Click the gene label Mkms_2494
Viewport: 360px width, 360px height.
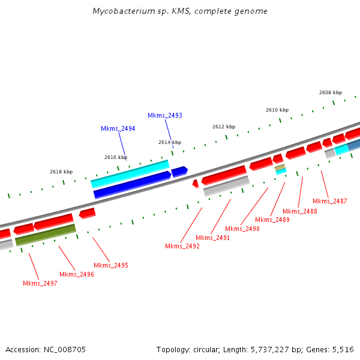[118, 128]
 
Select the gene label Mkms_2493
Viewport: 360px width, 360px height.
[165, 115]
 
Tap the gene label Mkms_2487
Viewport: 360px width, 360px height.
[329, 201]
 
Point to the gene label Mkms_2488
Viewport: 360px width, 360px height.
[299, 211]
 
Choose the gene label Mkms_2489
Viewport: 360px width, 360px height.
[272, 220]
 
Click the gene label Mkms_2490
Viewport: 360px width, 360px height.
[242, 229]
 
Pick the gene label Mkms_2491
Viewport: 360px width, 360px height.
[212, 238]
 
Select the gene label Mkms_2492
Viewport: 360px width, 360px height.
[182, 246]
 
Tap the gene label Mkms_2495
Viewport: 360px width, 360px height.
[111, 265]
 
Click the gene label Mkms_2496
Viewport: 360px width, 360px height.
[77, 274]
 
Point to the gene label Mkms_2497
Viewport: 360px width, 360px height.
[40, 283]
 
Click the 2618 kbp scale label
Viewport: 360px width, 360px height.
[61, 172]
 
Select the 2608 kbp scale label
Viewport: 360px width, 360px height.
[331, 92]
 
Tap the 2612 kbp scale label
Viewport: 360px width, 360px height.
[224, 127]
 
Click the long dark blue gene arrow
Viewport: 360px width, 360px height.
[132, 184]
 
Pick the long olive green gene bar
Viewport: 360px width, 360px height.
[46, 235]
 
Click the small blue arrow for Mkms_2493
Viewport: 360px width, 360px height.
[179, 172]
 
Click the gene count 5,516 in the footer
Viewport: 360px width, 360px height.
[341, 349]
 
